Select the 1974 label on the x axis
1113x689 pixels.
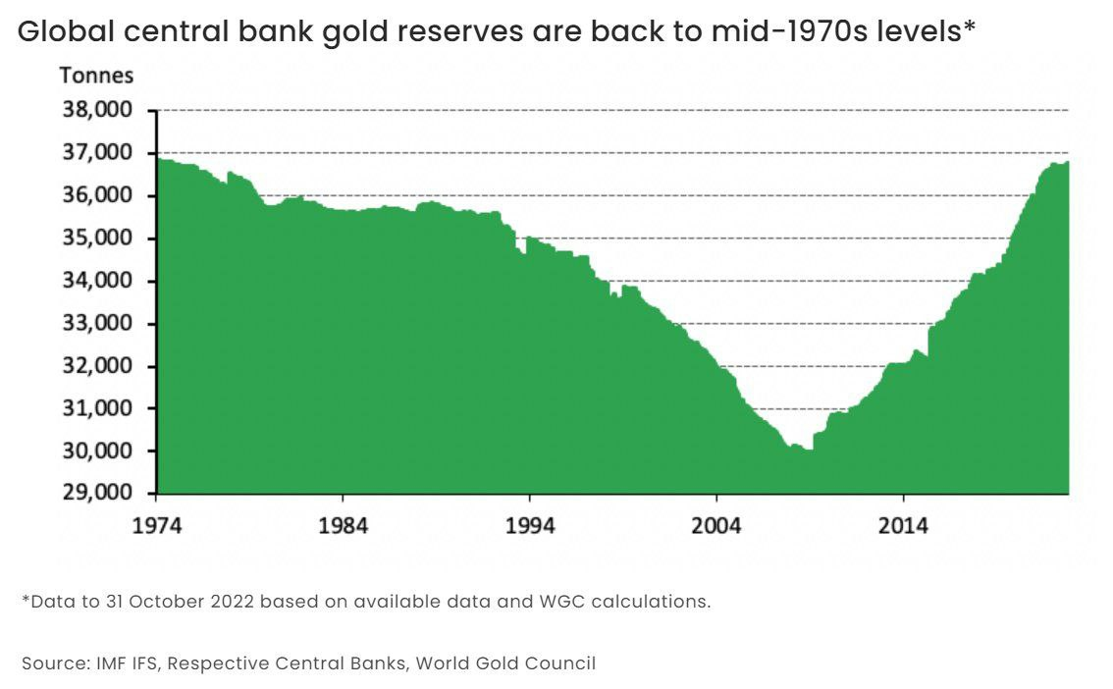click(x=157, y=525)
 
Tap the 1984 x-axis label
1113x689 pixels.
click(x=344, y=525)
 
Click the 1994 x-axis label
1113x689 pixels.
click(x=530, y=525)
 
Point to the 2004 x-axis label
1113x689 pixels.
click(x=716, y=525)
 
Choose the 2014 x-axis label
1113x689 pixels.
click(x=903, y=525)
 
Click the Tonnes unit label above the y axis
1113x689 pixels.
click(x=96, y=76)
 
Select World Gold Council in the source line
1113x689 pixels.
click(x=505, y=663)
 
